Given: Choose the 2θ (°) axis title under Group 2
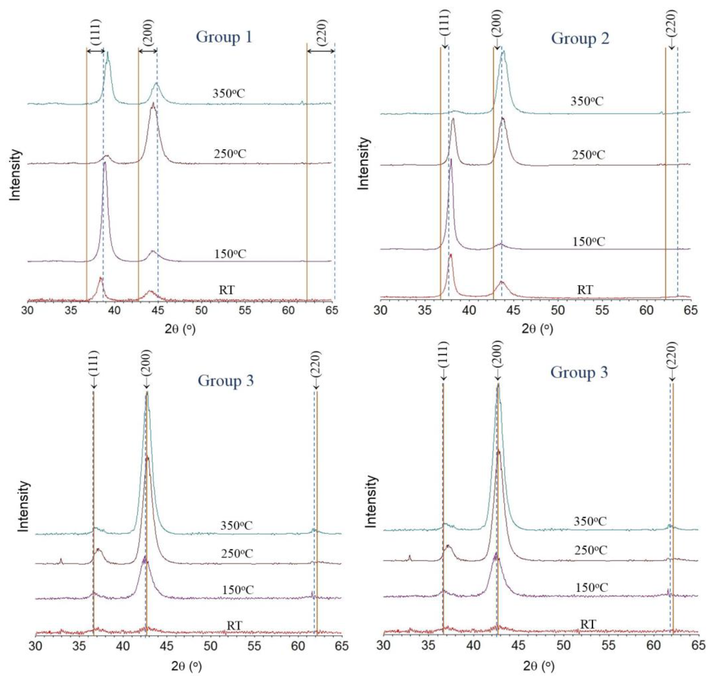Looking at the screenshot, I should tap(537, 329).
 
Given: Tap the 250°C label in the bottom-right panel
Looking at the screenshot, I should tap(590, 550).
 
